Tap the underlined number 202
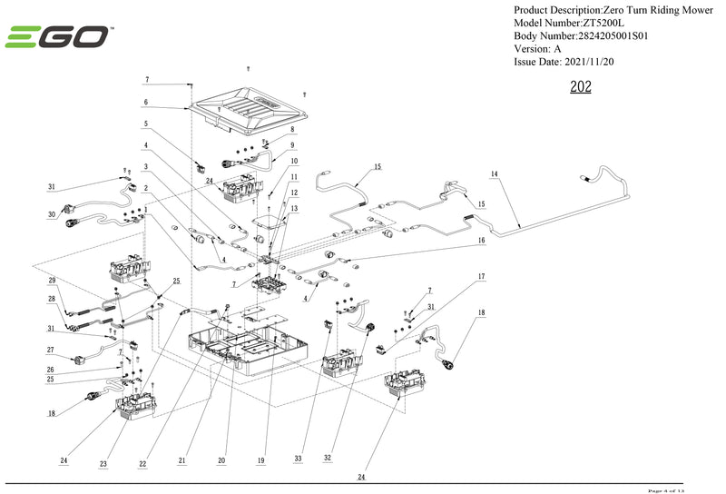[x=581, y=88]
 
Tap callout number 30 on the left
[x=52, y=215]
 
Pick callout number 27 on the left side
[x=52, y=350]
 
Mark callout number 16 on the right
[x=482, y=241]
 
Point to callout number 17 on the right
[x=482, y=275]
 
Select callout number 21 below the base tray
[x=181, y=461]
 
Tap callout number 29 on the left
[x=52, y=280]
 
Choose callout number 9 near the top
[x=292, y=145]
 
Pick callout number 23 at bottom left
[x=103, y=463]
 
